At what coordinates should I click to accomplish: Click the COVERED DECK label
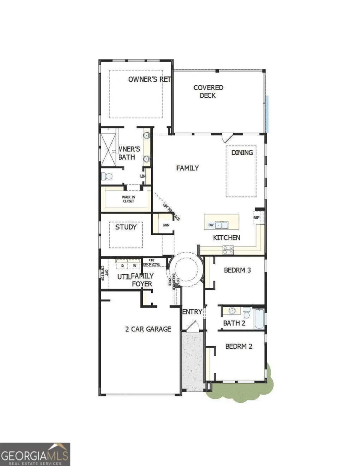coord(208,91)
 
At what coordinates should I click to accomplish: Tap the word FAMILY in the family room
coord(188,168)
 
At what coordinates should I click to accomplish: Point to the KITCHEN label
coord(226,238)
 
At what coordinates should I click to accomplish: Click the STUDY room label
coord(126,227)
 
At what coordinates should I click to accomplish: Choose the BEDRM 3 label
coord(237,270)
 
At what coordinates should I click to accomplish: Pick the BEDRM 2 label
coord(239,346)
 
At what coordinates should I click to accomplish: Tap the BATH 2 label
coord(234,323)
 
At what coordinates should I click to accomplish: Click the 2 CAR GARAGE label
coord(148,329)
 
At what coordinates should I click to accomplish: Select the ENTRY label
coord(192,312)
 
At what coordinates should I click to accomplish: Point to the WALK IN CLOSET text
coord(128,199)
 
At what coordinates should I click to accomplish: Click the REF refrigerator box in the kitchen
coord(257,218)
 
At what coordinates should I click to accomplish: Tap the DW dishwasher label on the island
coord(211,226)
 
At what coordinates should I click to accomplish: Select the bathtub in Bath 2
coord(260,318)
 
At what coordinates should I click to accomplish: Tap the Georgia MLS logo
coord(35,454)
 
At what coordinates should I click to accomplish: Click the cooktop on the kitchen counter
coord(228,250)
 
